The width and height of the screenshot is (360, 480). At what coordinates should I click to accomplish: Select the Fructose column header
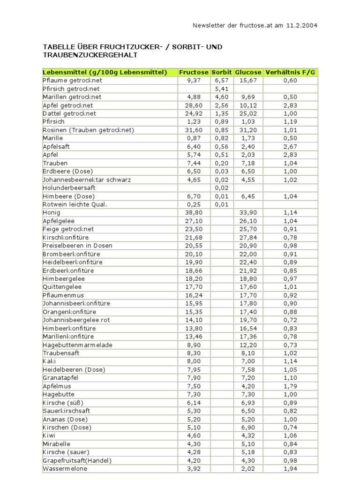[194, 72]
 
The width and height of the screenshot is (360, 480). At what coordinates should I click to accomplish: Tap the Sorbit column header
[221, 72]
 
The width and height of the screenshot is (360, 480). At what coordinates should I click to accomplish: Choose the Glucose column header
[248, 72]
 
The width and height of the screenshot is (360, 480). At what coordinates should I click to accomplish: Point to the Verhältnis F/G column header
[291, 72]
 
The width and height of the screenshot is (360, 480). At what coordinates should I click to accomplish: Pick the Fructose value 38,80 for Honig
[194, 212]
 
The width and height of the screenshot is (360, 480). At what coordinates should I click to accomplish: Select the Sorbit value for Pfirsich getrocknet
[221, 89]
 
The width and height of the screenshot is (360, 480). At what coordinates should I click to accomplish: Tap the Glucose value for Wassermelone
[248, 468]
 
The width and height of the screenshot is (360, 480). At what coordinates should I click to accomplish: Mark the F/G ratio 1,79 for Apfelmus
[291, 386]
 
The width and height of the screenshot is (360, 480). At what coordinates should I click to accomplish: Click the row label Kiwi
[49, 435]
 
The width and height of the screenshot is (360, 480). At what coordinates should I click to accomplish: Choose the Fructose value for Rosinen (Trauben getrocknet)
[194, 130]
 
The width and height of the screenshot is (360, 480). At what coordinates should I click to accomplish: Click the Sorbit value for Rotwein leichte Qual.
[221, 204]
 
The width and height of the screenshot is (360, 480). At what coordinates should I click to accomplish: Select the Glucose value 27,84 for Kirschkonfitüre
[248, 237]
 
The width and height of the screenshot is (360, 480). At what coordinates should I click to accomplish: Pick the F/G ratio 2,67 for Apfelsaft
[291, 146]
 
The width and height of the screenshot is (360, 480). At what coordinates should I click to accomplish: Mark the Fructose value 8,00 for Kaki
[194, 361]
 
